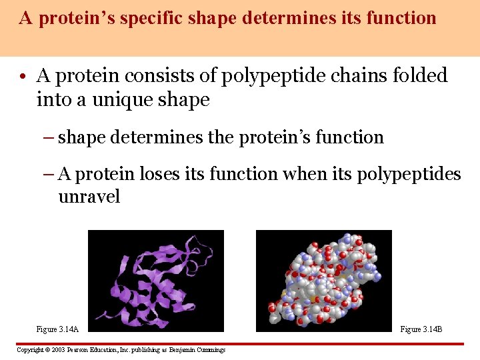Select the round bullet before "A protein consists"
24,77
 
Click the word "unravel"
89,197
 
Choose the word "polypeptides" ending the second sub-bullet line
409,175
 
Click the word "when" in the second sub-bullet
307,174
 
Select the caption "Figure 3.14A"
57,329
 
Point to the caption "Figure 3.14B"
421,329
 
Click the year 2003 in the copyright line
56,350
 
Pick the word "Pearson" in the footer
79,350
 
